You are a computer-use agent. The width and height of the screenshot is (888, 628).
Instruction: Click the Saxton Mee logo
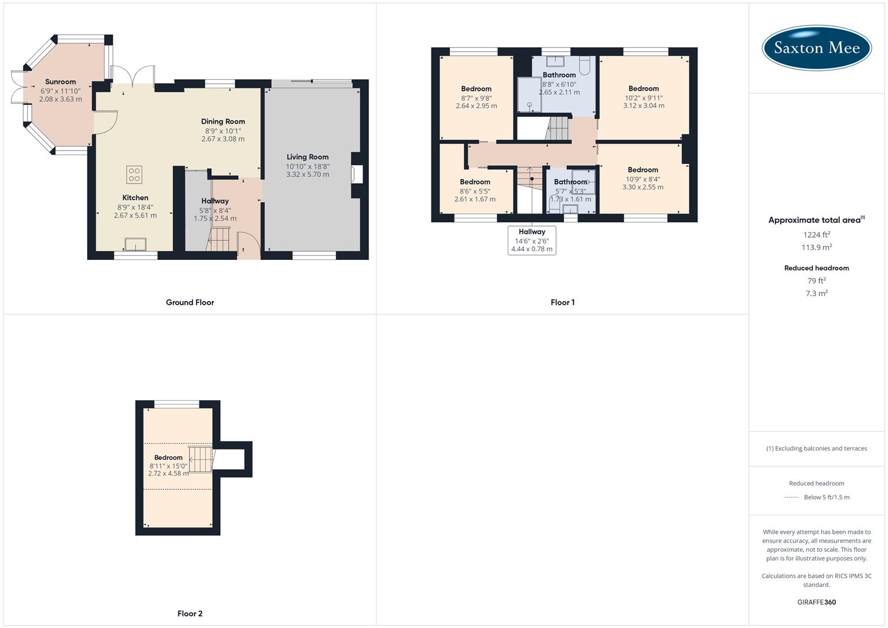click(x=816, y=48)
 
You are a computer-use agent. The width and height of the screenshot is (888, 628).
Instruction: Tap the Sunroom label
click(x=60, y=82)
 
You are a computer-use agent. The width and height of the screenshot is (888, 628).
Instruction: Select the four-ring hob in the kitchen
click(x=134, y=174)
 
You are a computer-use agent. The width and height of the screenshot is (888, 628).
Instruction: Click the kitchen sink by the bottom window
click(x=135, y=244)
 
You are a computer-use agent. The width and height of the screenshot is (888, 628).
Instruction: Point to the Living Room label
click(x=308, y=157)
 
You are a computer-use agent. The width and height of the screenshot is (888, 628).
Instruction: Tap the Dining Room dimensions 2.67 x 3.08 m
click(x=223, y=139)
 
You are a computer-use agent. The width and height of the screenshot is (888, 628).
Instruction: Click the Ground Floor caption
click(x=190, y=302)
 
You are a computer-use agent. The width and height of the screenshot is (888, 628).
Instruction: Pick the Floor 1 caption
click(x=562, y=302)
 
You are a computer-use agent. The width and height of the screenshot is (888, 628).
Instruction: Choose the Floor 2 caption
click(x=190, y=613)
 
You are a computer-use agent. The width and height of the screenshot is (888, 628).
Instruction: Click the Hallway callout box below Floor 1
click(x=532, y=240)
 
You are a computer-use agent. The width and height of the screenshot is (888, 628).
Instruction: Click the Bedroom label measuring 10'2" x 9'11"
click(x=643, y=89)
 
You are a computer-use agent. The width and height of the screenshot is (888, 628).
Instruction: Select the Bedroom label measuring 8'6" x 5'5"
click(x=475, y=182)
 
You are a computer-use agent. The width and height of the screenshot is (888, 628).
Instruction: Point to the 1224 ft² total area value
click(x=816, y=235)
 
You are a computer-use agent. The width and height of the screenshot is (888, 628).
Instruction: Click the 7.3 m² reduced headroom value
click(x=816, y=294)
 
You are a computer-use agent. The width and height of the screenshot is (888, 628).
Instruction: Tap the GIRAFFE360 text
click(x=816, y=602)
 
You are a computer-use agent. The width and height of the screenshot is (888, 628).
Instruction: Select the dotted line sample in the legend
click(x=791, y=498)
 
